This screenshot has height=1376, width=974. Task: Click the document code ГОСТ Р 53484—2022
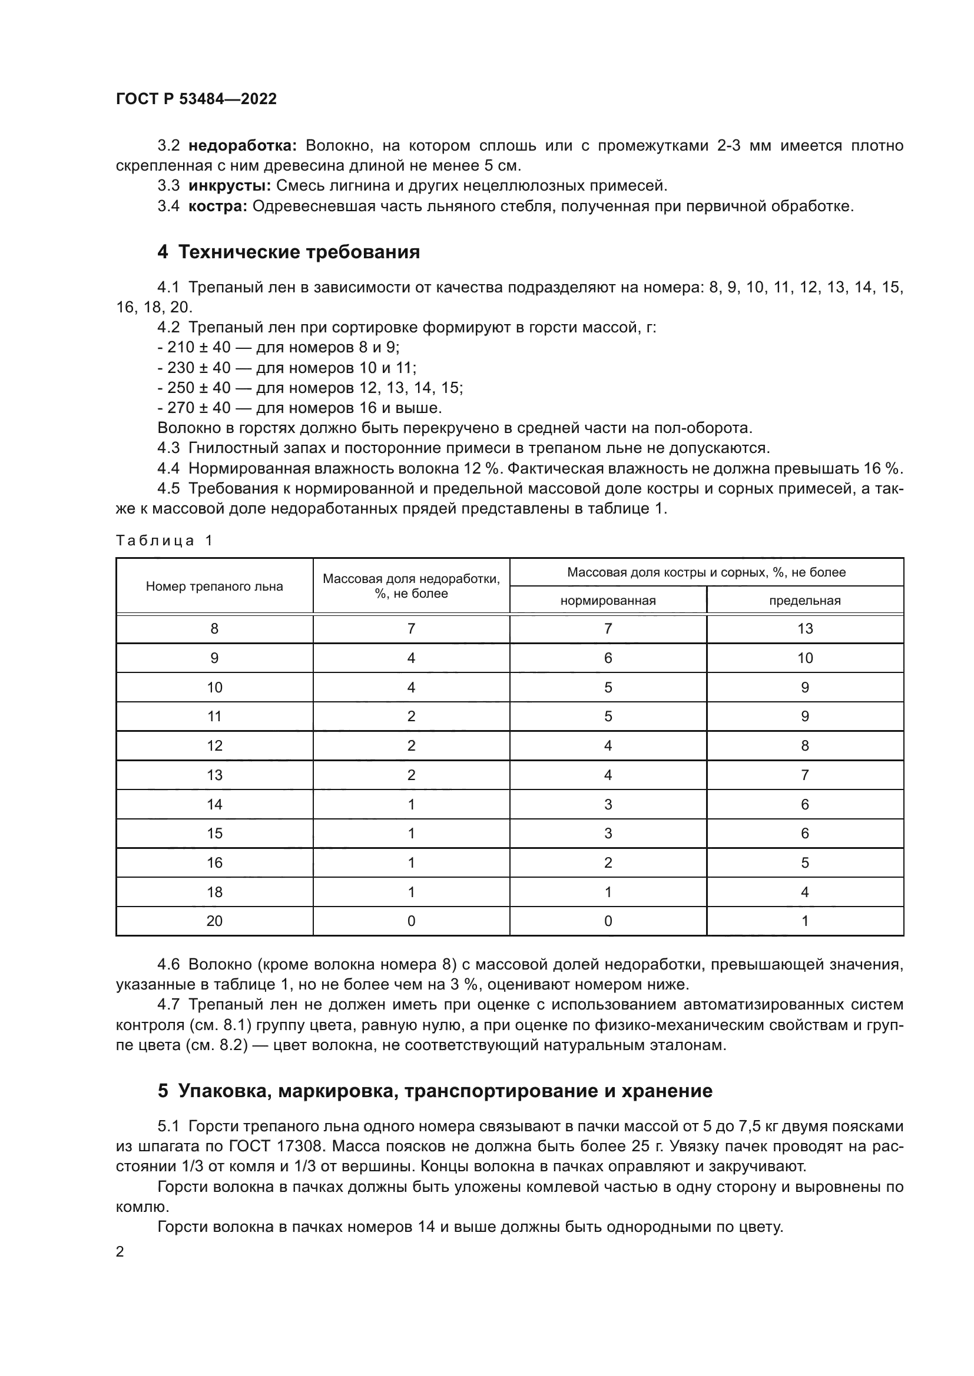point(196,99)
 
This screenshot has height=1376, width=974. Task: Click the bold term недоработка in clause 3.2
point(242,146)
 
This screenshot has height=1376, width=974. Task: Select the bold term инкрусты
point(229,186)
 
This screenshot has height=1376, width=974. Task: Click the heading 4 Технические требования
point(289,252)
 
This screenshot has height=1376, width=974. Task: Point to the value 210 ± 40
point(198,348)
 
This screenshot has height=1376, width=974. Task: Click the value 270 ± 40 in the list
point(198,408)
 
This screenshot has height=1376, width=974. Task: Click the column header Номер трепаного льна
point(214,586)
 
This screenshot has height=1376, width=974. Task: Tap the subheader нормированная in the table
point(608,601)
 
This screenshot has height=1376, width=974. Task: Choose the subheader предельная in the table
point(804,601)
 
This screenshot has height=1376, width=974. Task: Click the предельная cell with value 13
point(804,629)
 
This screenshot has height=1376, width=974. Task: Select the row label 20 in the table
point(214,921)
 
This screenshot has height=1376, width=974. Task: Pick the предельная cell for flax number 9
point(804,658)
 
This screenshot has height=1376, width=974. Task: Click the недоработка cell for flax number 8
point(411,629)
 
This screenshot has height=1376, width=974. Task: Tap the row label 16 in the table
point(214,862)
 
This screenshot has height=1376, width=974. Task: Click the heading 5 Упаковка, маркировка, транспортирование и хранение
point(435,1091)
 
